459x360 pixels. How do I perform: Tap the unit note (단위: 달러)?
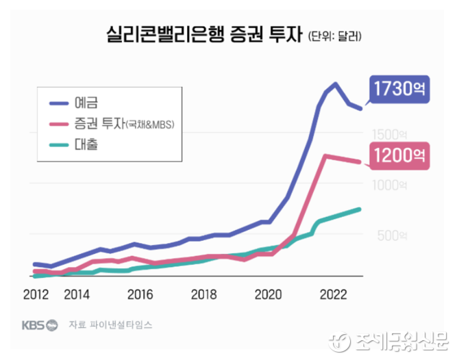tap(334, 35)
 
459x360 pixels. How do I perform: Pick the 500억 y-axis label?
tap(393, 235)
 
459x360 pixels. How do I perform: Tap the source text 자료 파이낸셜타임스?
tap(110, 324)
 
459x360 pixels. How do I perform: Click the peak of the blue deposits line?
tap(335, 84)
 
